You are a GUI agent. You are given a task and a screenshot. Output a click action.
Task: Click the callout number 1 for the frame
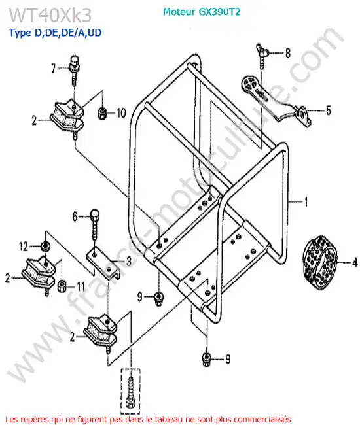306,201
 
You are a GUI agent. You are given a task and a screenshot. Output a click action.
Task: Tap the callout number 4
355,262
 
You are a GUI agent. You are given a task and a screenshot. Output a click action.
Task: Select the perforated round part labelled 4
320,262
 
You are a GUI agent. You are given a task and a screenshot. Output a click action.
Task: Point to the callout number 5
329,110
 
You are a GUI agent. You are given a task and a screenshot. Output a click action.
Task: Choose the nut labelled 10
103,112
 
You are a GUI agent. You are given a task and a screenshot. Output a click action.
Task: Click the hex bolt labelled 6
94,224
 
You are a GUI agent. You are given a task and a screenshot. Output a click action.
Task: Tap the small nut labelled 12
45,246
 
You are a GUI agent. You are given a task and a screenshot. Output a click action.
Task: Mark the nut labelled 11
62,286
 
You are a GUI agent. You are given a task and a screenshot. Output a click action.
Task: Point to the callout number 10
121,112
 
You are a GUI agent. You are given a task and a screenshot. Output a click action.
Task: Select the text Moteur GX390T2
202,12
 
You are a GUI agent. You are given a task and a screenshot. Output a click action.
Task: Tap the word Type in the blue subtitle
20,33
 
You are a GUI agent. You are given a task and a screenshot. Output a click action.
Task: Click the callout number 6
75,216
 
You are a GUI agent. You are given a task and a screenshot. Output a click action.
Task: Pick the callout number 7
54,68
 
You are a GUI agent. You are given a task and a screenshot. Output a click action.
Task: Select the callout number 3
129,261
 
